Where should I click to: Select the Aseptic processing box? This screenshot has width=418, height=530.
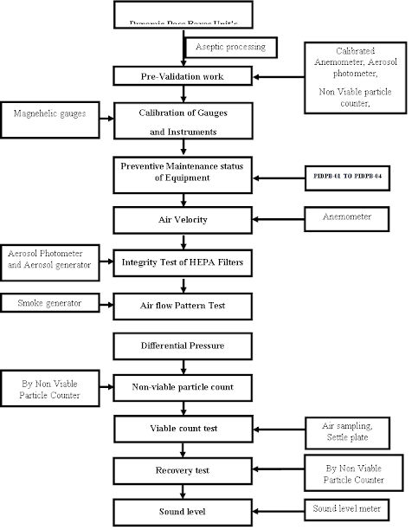tap(229, 46)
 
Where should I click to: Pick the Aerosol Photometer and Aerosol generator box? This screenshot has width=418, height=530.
tap(49, 258)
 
